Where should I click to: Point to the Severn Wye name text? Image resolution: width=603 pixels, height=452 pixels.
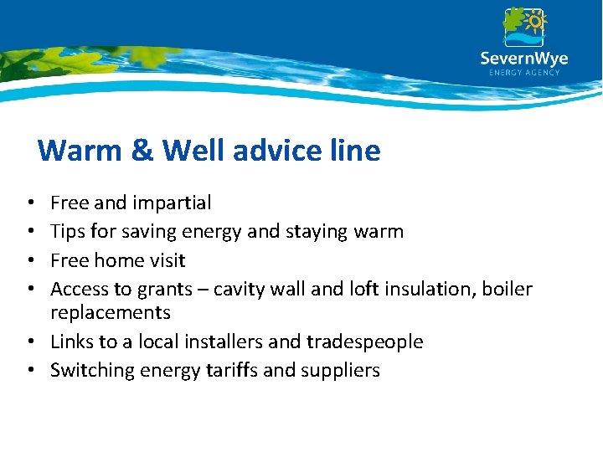(524, 59)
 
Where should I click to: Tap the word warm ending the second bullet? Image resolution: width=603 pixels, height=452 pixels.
(378, 232)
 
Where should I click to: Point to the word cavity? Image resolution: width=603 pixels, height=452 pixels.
(240, 290)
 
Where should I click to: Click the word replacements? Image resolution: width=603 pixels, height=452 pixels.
(111, 313)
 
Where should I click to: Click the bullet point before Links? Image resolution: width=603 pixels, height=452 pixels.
(30, 342)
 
